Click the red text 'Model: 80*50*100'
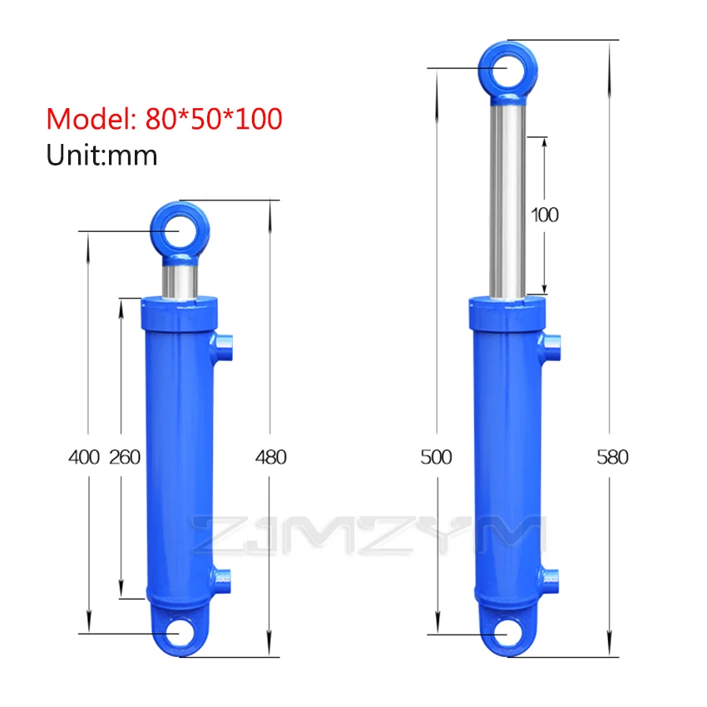point(164,120)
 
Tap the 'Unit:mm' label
point(102,156)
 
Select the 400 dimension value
point(84,457)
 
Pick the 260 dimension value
point(125,457)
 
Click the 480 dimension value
point(271,457)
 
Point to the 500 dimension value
point(436,457)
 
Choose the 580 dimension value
point(612,457)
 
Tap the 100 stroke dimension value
point(545,215)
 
